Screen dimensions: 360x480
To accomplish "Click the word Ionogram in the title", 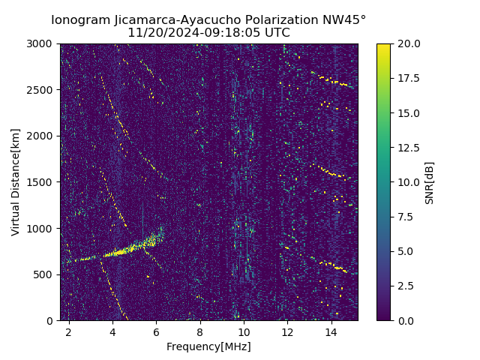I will pos(79,20).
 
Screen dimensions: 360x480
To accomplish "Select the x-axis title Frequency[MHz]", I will pos(208,346).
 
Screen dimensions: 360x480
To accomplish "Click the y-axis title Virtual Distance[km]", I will pos(15,182).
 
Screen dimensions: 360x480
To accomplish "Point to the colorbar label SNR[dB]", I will pos(430,182).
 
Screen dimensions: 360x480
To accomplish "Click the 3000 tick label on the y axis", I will pos(41,43).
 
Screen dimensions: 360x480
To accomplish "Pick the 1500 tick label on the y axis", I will pos(41,182).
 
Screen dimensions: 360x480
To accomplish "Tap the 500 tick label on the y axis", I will pos(43,274).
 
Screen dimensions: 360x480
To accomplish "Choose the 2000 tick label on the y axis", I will pos(41,136).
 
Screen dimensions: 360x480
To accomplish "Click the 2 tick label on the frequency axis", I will pos(69,331).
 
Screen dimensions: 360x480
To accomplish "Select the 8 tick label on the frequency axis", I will pos(200,331).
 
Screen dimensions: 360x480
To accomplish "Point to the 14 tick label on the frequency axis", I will pos(331,331).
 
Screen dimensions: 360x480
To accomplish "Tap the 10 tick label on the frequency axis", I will pos(244,331).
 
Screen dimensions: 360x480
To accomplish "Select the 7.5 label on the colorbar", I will pos(405,217).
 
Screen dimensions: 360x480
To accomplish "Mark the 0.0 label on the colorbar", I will pos(405,320).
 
